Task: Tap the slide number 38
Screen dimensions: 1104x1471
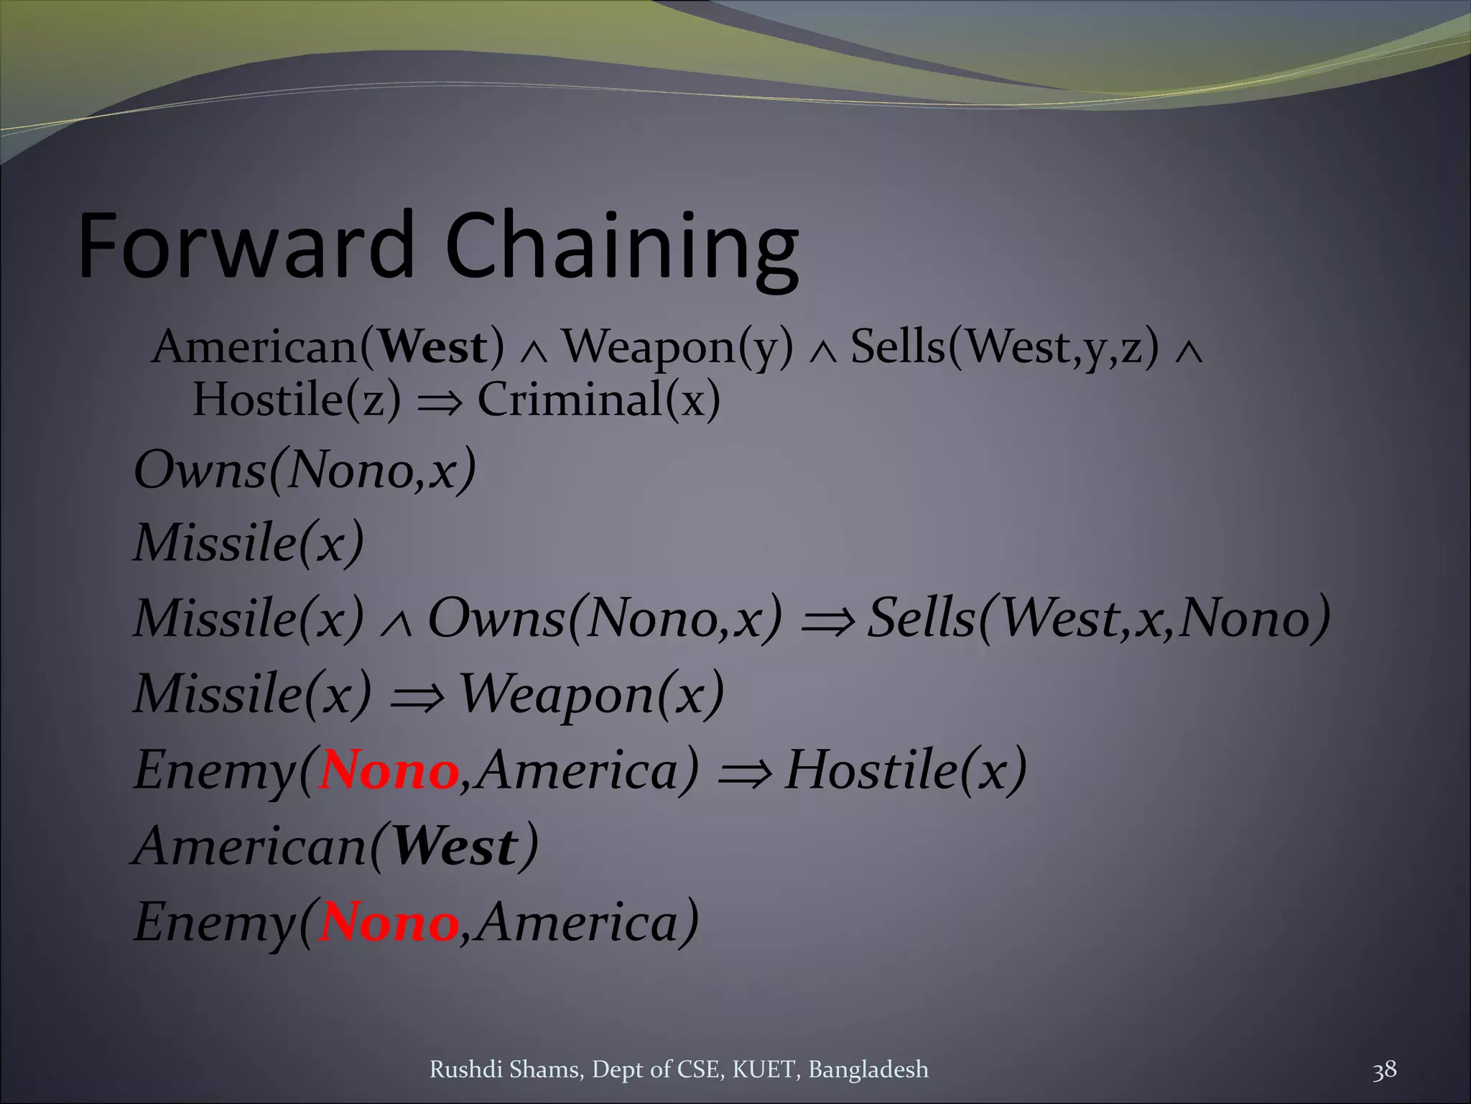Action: coord(1384,1069)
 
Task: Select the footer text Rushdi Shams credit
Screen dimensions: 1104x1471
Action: coord(678,1070)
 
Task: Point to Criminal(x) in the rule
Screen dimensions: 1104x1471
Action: coord(598,400)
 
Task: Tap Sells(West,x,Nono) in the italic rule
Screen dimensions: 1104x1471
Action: coord(1098,619)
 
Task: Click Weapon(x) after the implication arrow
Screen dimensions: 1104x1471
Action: coord(590,694)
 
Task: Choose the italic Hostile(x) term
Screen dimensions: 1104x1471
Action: coord(905,770)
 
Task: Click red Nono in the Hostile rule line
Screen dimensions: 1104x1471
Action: coord(389,770)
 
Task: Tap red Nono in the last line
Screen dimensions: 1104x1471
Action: coord(389,923)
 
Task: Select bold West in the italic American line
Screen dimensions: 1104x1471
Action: coord(455,847)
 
